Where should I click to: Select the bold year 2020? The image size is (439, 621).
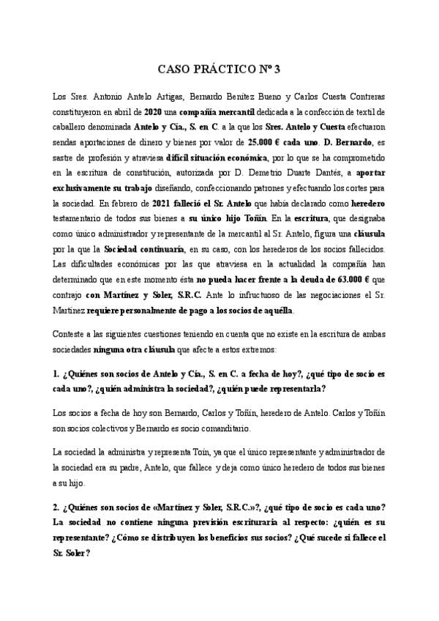point(152,111)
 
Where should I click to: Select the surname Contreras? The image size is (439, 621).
point(361,97)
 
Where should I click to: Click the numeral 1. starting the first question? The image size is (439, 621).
point(56,373)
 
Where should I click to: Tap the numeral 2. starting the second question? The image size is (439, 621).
point(56,507)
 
